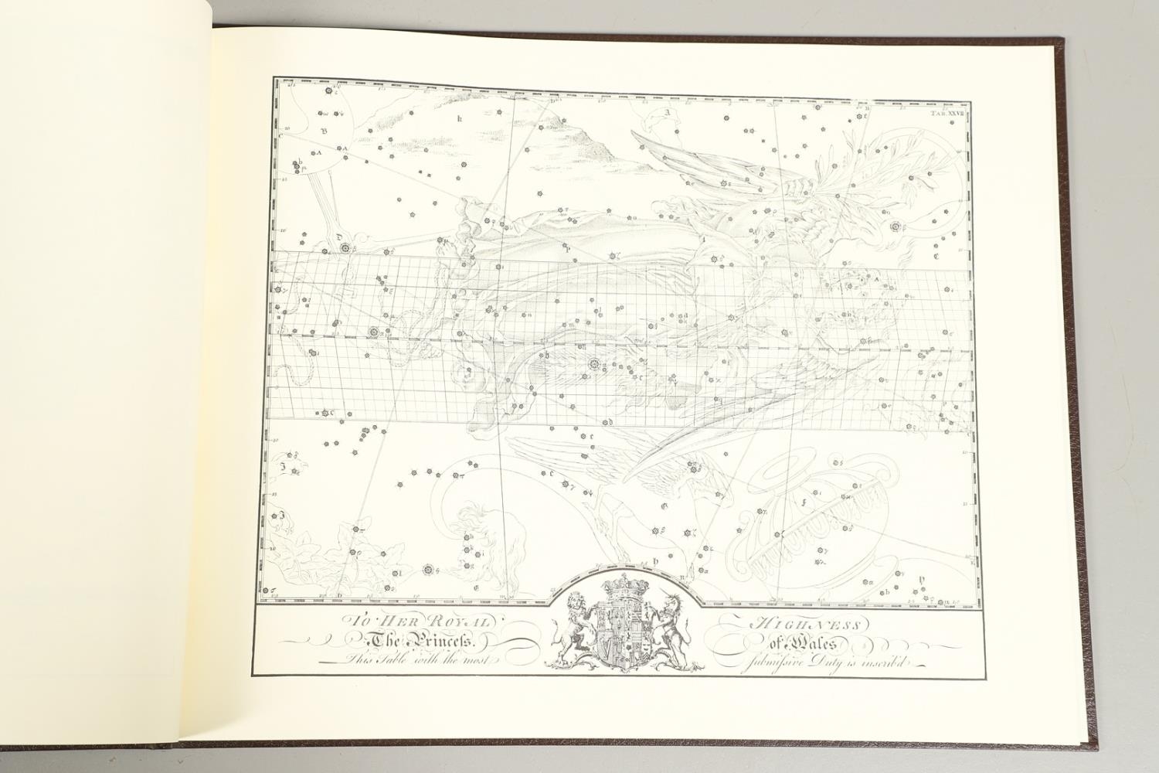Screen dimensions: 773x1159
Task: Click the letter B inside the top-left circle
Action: tap(325, 131)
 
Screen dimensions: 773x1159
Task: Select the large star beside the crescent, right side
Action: tap(896, 227)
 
